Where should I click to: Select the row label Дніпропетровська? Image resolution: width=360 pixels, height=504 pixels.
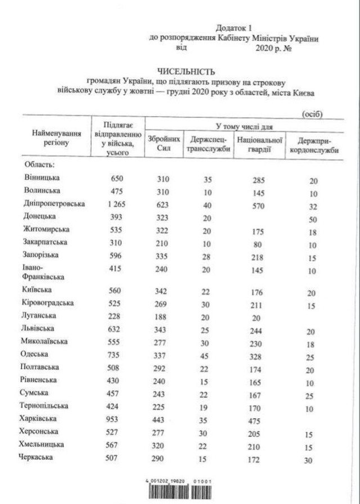54,203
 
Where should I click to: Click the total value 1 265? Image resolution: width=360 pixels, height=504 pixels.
116,204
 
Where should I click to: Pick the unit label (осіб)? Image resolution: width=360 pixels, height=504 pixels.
312,114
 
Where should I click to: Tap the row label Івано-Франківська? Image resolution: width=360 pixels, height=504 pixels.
43,272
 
